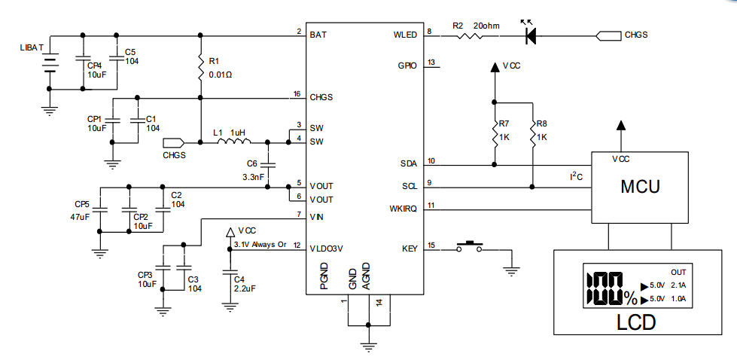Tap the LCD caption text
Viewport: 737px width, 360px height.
point(635,322)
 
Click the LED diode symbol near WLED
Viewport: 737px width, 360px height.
point(530,35)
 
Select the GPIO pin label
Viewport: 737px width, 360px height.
point(407,66)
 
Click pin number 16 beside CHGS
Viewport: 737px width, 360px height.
point(297,93)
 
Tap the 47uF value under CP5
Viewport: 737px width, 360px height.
point(80,218)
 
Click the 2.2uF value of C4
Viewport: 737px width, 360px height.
point(245,288)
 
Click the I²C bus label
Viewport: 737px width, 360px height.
point(577,176)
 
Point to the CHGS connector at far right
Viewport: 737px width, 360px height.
point(609,35)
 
